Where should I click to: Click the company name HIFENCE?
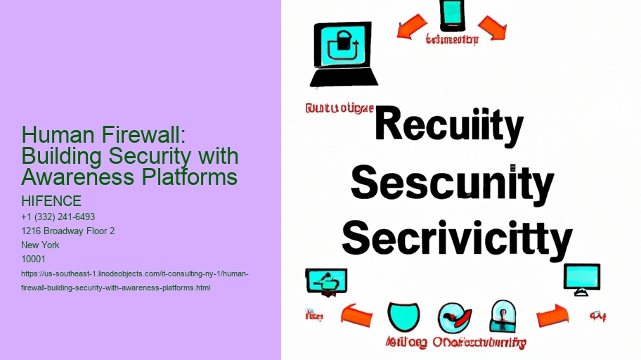coord(51,202)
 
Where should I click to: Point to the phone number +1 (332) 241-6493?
coord(58,217)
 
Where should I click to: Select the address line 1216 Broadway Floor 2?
coord(68,231)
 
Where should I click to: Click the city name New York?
coord(41,245)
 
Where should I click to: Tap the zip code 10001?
coord(34,259)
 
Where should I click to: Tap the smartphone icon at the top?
coord(452,15)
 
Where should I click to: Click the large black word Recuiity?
coord(448,127)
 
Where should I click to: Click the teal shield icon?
coord(403,317)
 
